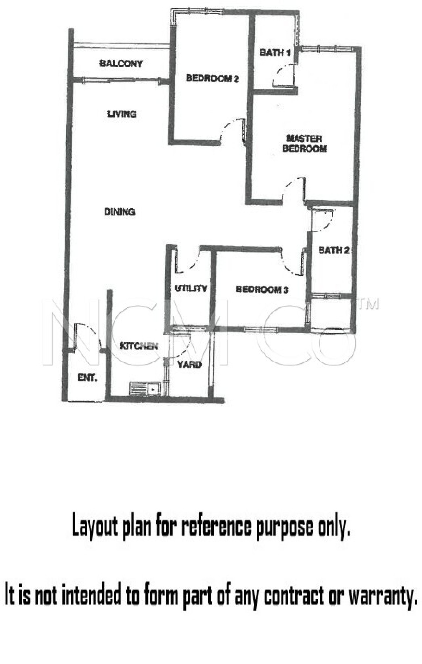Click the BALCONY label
click(121, 63)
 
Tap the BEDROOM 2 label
click(212, 78)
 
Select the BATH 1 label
click(275, 52)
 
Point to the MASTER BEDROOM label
click(305, 144)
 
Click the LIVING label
click(122, 114)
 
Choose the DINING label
click(120, 212)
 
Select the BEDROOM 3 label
click(262, 289)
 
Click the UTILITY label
click(191, 288)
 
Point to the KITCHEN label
click(139, 346)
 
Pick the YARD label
click(189, 365)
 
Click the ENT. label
click(88, 377)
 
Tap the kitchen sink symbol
click(145, 388)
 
